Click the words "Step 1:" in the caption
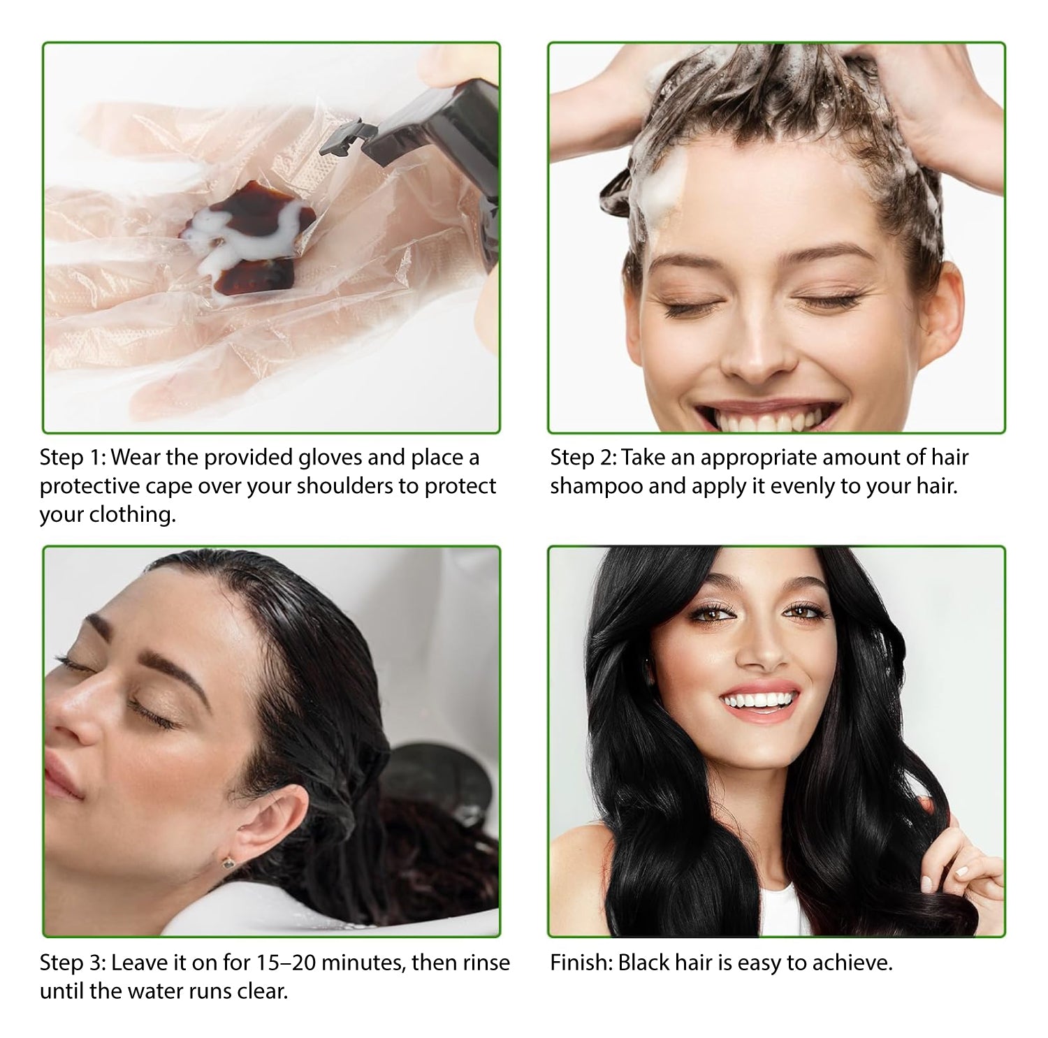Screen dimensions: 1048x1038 [x=72, y=458]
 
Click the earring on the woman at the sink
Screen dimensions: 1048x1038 [x=228, y=863]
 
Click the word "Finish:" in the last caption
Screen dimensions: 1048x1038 [x=581, y=963]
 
